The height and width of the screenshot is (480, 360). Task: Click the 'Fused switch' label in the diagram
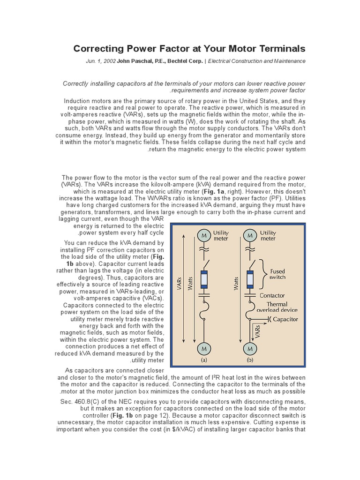pos(277,274)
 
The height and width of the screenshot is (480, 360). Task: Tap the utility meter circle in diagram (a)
pos(203,235)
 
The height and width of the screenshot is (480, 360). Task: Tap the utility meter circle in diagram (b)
pos(250,235)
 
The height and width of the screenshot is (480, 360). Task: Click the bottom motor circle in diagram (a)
pos(203,349)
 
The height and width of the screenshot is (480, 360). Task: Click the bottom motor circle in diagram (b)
pos(250,349)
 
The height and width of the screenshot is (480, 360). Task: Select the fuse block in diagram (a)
pos(203,279)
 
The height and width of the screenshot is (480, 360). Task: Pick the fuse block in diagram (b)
pos(250,279)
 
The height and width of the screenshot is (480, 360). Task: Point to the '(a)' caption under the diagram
pos(203,360)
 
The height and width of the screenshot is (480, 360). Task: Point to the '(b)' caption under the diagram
pos(250,360)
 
